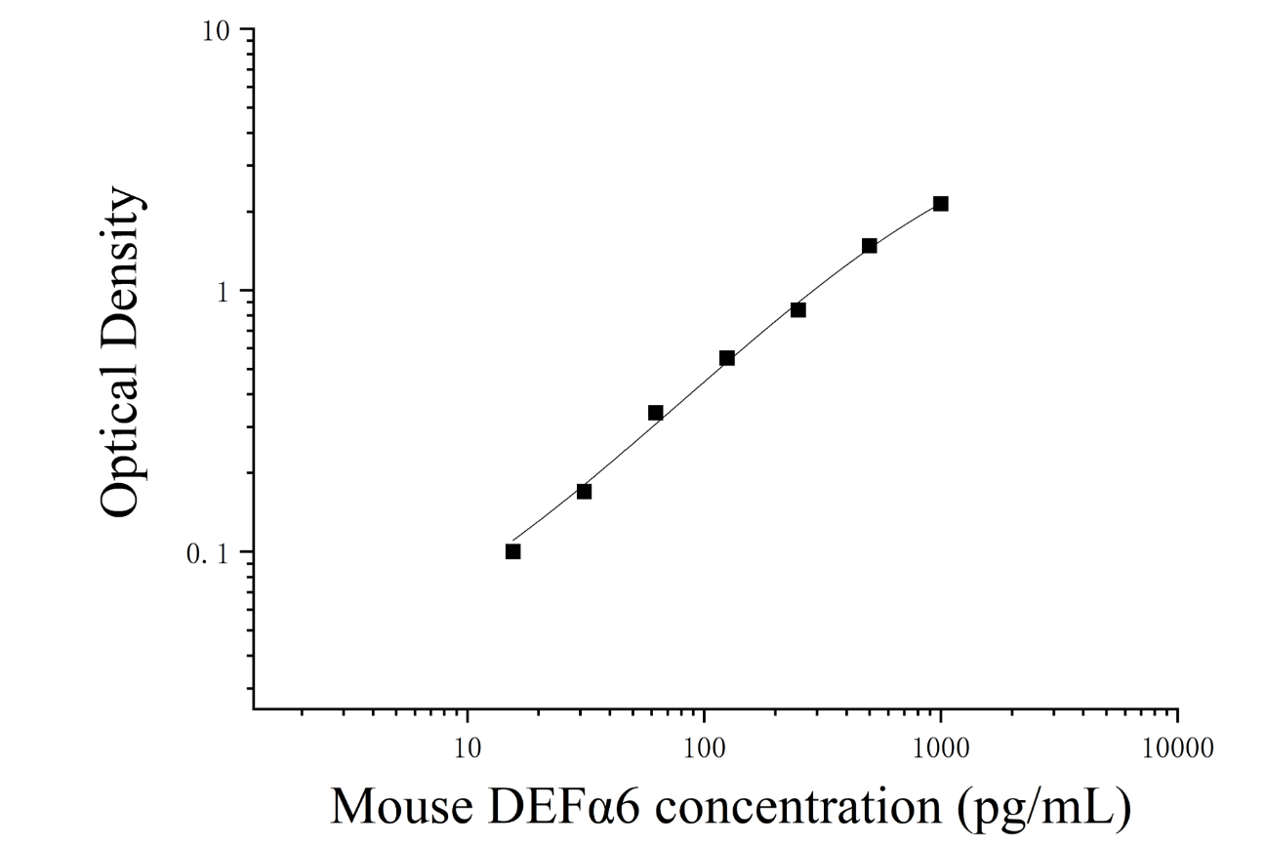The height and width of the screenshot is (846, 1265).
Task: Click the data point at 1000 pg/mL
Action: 940,204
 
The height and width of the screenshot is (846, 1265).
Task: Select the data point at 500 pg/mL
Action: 869,246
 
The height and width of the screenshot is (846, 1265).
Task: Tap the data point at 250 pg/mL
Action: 798,310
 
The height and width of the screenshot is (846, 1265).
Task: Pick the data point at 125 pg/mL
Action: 727,358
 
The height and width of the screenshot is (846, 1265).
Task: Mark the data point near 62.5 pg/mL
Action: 655,413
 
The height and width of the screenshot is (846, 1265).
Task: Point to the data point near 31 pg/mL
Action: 584,492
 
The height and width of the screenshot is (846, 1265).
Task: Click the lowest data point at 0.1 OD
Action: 512,551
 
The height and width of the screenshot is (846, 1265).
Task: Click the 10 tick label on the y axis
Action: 217,31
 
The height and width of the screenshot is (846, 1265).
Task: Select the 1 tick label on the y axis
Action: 224,293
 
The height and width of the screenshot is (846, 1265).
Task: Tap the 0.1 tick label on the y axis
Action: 207,554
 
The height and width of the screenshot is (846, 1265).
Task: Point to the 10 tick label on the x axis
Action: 467,749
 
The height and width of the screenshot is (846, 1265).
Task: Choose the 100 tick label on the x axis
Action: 704,749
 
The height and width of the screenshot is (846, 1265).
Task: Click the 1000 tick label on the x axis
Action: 940,749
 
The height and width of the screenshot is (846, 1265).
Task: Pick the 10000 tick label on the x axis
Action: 1177,749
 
